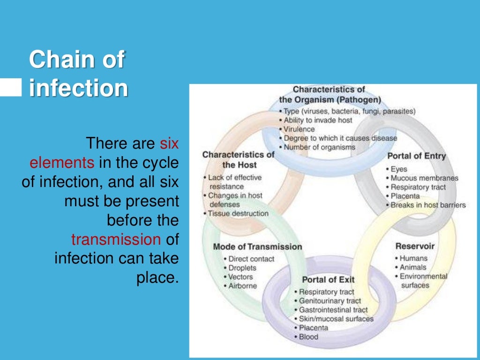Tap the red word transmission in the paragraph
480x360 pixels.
coord(115,239)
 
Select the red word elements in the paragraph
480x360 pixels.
coord(61,163)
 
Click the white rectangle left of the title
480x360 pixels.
coord(10,87)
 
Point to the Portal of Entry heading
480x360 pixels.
coord(416,156)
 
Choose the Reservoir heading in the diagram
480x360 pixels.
coord(415,246)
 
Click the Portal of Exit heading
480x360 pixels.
coord(328,280)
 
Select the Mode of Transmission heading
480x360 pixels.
coord(257,247)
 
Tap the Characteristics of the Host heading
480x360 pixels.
coord(239,159)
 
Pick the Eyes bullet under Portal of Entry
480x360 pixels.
coord(398,169)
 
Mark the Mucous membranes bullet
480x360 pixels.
coord(424,178)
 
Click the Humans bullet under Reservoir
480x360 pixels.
coord(412,258)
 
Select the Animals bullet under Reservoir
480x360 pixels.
coord(412,267)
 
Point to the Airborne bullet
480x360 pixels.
coord(242,285)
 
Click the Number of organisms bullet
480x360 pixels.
coord(319,147)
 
